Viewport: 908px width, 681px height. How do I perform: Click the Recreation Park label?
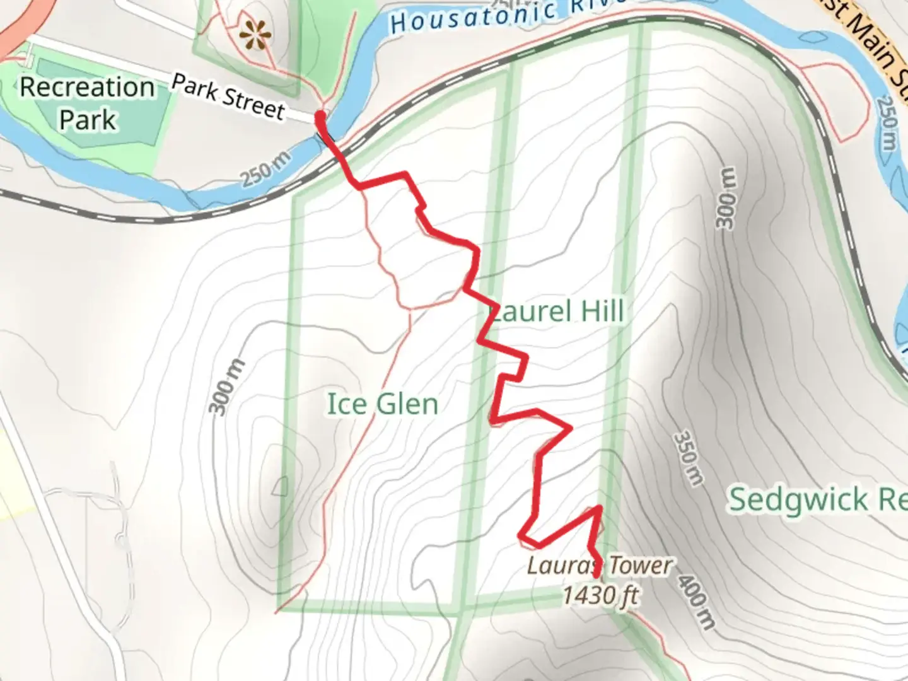coord(87,103)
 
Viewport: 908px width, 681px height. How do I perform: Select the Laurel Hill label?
coord(557,311)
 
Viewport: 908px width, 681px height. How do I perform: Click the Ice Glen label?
coord(382,404)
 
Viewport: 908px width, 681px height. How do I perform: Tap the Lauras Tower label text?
coord(599,566)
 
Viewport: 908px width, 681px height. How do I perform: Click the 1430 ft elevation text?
coord(600,595)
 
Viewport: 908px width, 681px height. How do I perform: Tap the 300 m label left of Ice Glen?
coord(226,387)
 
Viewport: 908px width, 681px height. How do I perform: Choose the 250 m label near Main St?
coord(886,123)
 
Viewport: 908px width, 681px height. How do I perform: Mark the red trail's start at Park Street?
coord(320,116)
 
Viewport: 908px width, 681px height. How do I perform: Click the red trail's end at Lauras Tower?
coord(597,574)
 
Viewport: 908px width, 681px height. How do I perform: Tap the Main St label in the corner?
coord(873,41)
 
